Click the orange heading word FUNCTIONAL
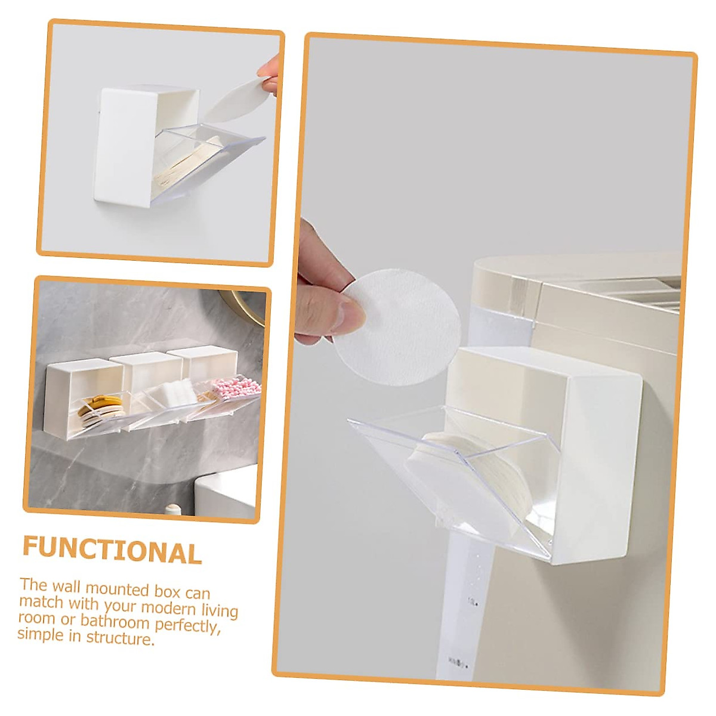112,550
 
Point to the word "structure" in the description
119,638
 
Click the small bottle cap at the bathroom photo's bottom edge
174,508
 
